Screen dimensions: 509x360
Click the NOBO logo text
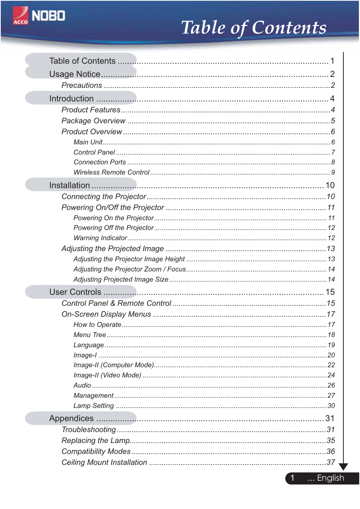coord(48,16)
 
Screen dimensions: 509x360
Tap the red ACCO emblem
coord(20,16)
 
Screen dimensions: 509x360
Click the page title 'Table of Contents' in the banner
coord(254,28)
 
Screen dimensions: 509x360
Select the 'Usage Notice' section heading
coord(75,74)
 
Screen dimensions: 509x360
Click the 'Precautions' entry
coord(82,86)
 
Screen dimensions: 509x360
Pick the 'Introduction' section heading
coord(71,99)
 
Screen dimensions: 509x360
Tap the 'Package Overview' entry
coord(93,121)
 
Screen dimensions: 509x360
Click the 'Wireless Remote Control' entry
coord(111,172)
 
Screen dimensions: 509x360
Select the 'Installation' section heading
coord(69,186)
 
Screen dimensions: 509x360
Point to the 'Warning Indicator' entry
coord(100,238)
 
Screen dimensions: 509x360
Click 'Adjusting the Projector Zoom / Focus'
coord(129,269)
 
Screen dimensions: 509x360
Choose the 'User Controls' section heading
coord(75,292)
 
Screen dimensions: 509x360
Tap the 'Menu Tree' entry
coord(89,335)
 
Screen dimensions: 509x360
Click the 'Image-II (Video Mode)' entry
coord(107,375)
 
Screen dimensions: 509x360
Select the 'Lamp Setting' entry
coord(94,406)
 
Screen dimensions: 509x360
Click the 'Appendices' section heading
coord(71,419)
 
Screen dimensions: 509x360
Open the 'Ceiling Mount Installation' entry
coord(104,463)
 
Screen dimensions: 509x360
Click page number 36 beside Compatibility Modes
coord(331,452)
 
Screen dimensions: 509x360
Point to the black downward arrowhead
coord(343,466)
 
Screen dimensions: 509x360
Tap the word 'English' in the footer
coord(330,478)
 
